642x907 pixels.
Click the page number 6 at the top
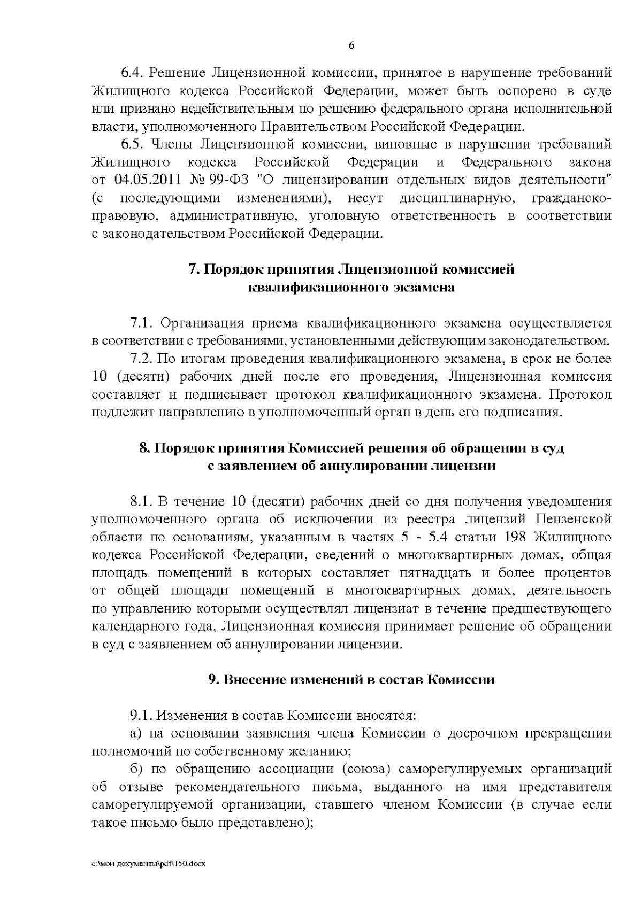pos(351,45)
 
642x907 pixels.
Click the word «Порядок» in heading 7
pos(232,268)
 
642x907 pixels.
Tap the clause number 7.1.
pos(141,322)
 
